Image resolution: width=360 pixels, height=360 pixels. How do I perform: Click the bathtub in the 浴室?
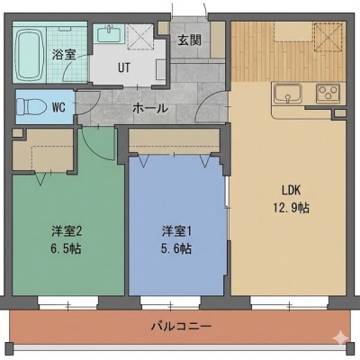(30, 55)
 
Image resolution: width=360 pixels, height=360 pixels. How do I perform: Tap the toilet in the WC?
(31, 107)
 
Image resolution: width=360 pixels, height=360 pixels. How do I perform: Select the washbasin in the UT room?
(109, 33)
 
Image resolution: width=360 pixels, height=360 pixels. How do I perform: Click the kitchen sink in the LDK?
(288, 94)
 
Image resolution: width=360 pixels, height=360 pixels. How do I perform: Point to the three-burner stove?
(328, 93)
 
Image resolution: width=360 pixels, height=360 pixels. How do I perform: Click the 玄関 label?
(189, 40)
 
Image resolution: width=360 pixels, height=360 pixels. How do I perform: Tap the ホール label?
(150, 108)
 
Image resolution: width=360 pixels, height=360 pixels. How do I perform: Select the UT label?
(124, 68)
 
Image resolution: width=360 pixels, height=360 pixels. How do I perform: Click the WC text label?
(58, 107)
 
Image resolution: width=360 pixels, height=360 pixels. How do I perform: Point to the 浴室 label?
(64, 55)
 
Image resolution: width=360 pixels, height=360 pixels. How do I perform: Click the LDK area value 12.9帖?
(291, 208)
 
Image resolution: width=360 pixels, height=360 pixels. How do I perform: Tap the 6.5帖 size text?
(66, 248)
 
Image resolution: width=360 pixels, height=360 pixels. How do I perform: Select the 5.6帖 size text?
(176, 248)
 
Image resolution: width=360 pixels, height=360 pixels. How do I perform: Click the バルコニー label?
(181, 326)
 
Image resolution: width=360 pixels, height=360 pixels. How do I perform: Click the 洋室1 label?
(176, 231)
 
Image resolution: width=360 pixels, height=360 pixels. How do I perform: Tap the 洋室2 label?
(67, 231)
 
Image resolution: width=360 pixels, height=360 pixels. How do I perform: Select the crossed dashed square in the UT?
(140, 37)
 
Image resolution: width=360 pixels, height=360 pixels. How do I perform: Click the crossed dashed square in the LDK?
(328, 37)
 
